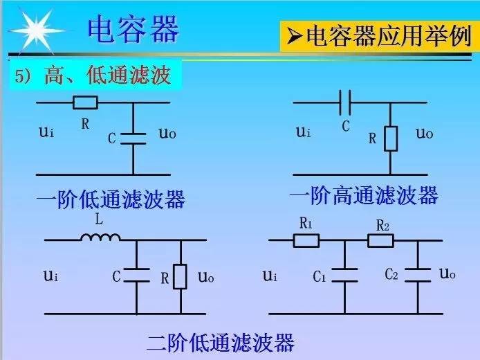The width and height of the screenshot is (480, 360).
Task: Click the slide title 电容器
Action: click(133, 28)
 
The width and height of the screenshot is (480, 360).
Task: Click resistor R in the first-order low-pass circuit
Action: click(85, 103)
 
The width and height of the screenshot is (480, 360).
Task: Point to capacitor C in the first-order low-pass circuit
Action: click(133, 138)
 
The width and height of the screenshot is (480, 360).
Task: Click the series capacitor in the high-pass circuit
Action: click(346, 104)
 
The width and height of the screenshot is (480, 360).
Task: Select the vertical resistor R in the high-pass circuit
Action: click(391, 138)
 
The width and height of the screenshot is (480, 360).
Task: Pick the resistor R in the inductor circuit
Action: click(181, 276)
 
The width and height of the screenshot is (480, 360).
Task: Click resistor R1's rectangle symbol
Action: click(306, 240)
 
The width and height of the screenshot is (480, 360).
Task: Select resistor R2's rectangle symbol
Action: click(380, 240)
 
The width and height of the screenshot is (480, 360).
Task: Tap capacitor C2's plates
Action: click(418, 275)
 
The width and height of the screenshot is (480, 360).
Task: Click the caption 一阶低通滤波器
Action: click(111, 201)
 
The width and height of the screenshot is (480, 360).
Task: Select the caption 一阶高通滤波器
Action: click(364, 196)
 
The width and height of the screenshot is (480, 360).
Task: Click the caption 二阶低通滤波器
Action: click(221, 342)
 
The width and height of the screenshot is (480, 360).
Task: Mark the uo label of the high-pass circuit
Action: click(424, 133)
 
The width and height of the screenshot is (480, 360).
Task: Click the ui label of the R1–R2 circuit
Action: click(270, 276)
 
